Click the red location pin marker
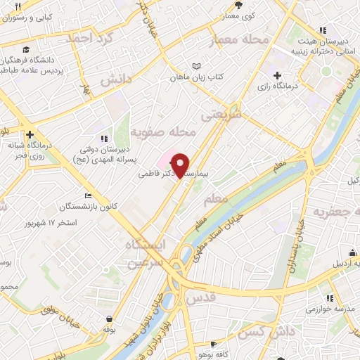pos(181,165)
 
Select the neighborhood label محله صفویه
pos(172,131)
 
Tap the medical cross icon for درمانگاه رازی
pos(277,75)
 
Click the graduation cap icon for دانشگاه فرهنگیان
pos(25,50)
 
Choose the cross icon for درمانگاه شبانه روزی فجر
pos(30,134)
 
